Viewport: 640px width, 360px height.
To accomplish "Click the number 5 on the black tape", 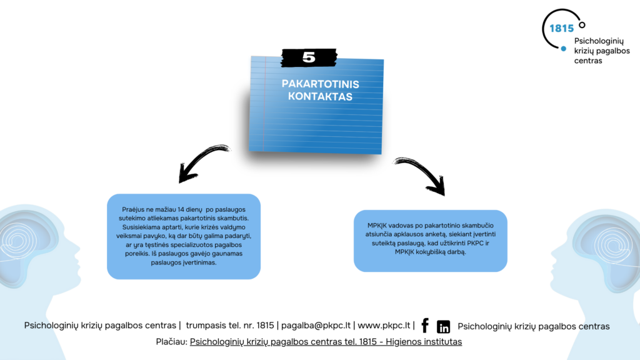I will tap(309, 57).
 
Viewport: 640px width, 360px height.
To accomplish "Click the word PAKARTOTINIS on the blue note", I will tap(320, 84).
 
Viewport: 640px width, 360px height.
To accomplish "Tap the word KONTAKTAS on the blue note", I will tap(320, 97).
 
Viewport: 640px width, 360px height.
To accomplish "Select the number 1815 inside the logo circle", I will tap(561, 28).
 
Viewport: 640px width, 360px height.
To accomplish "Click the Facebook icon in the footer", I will tap(425, 326).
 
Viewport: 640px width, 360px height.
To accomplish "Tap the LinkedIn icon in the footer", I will tap(443, 326).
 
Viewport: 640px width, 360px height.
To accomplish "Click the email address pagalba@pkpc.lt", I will tap(316, 326).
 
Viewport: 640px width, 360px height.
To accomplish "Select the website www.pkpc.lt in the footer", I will tap(384, 326).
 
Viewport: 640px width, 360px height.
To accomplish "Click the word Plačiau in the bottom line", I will tap(171, 342).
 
